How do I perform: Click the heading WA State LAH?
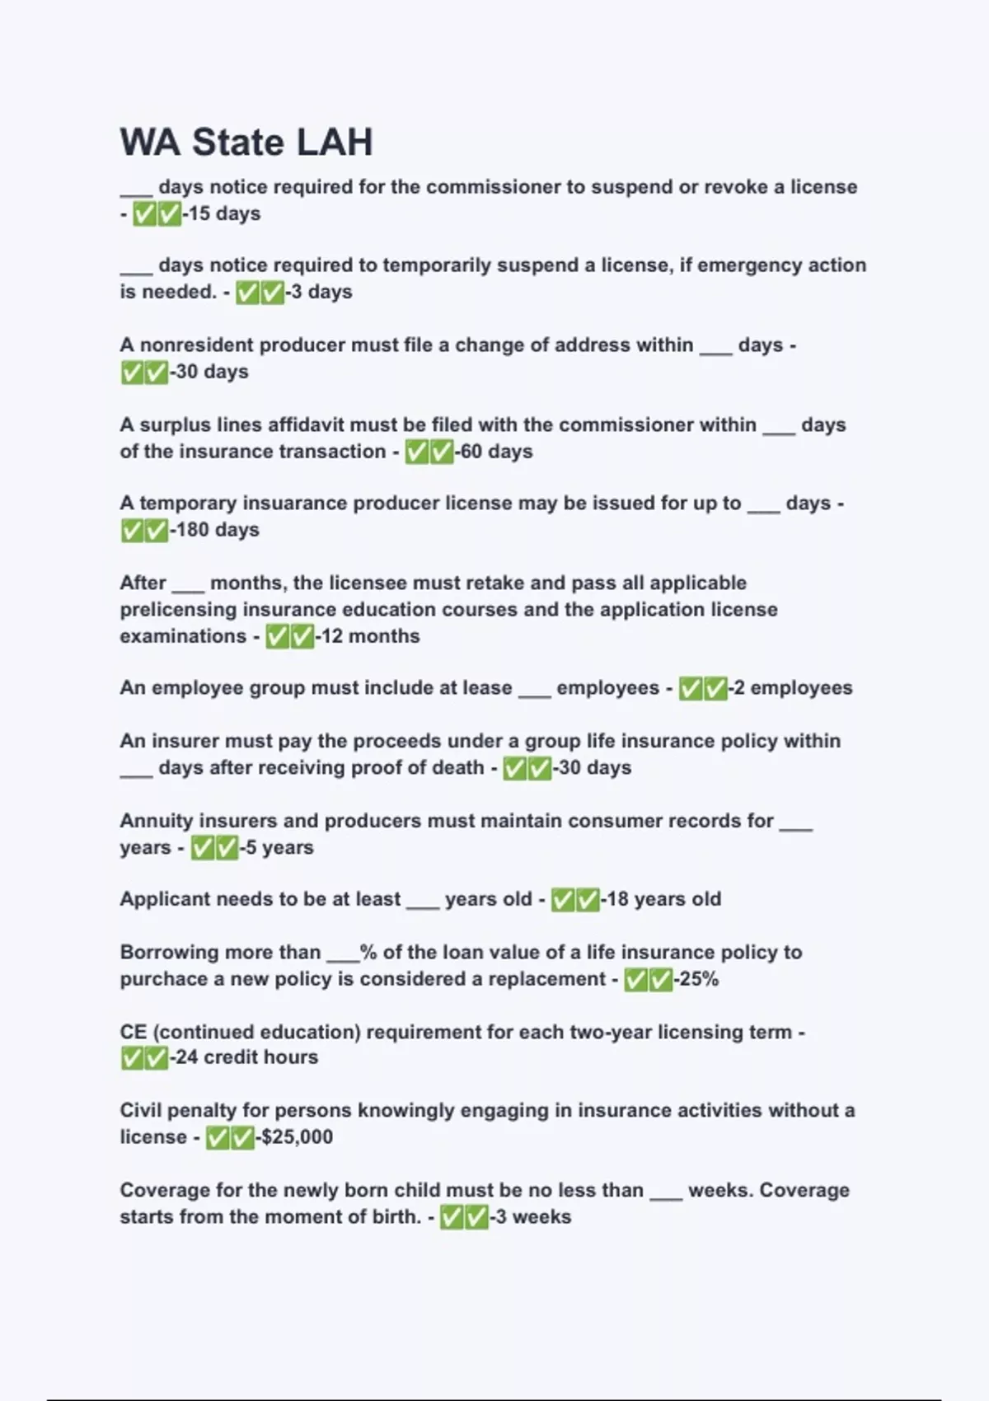tap(246, 142)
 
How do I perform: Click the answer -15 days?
tap(222, 213)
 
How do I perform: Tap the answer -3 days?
tap(319, 292)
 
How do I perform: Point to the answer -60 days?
tap(494, 452)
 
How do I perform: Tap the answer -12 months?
tap(368, 636)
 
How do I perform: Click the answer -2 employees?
tap(790, 688)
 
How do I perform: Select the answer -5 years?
tap(277, 847)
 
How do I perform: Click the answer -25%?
tap(696, 979)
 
